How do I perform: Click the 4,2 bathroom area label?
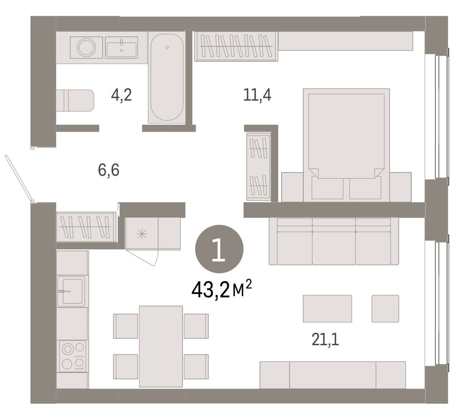pos(121,95)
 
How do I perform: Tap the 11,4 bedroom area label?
pos(257,95)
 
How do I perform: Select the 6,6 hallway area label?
pos(109,170)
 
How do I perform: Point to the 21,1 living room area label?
pos(325,340)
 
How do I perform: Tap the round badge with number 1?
pos(219,249)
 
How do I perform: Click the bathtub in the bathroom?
pos(167,77)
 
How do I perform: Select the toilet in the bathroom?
pos(75,100)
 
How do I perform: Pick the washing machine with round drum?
pos(86,48)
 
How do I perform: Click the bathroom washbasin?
pos(122,48)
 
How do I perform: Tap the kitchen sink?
pos(71,291)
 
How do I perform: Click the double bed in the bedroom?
pos(346,145)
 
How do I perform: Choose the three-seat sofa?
pos(334,241)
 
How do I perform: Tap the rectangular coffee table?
pos(327,308)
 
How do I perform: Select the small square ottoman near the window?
pos(385,308)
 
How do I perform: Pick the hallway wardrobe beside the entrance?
pos(86,227)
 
